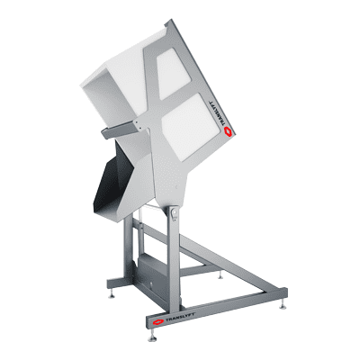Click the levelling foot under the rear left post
pos(112,291)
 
